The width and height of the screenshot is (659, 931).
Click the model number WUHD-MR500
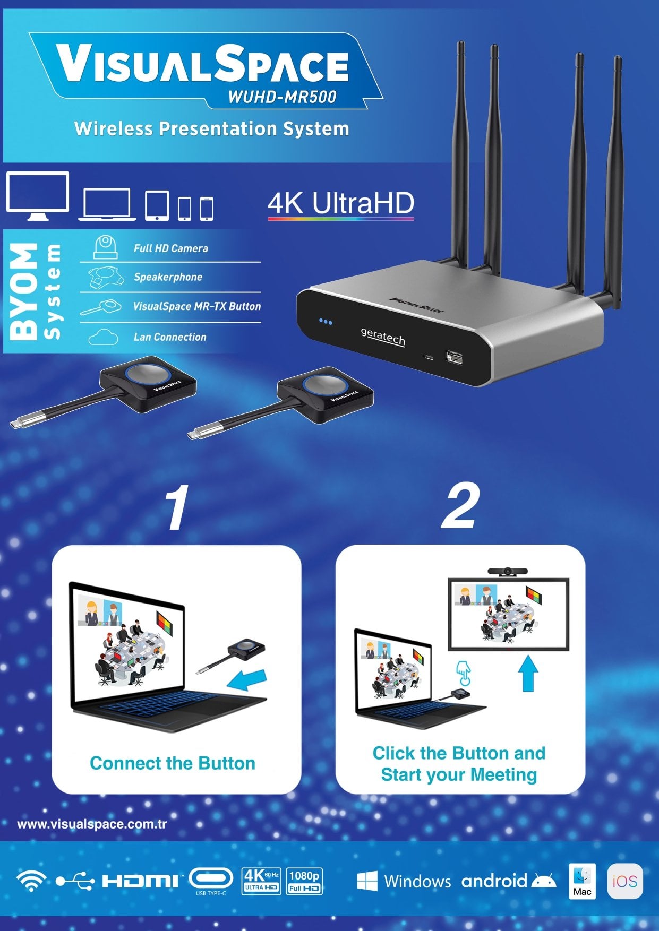coord(282,97)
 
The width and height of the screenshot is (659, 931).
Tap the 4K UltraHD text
coord(341,203)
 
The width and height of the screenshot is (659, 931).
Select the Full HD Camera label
coord(171,248)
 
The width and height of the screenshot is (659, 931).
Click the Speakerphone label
coord(168,277)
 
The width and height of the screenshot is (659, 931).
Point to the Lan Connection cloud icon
coord(104,337)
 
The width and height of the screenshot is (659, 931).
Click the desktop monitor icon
coord(38,196)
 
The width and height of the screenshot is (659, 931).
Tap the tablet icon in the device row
coord(157,205)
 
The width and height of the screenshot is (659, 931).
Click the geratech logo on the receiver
coord(383,337)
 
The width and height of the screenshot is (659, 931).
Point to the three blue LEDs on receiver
coord(326,322)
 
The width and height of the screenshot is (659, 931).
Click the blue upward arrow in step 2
coord(528,673)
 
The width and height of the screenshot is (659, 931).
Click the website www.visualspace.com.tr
coord(92,824)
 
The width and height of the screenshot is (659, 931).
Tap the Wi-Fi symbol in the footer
coord(31,881)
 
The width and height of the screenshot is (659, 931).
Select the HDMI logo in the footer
coord(140,882)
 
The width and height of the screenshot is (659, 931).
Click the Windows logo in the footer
coord(367,881)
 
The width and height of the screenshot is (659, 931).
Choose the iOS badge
coord(625,881)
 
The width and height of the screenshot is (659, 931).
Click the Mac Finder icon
coord(582,881)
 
